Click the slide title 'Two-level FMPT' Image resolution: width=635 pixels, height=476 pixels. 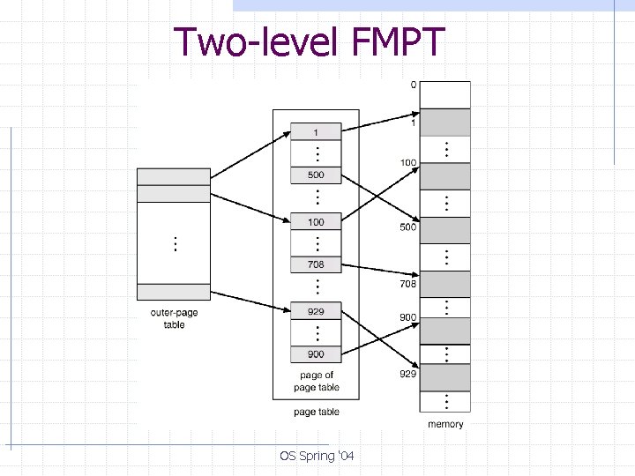[x=310, y=42]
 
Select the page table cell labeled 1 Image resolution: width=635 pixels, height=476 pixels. [x=316, y=131]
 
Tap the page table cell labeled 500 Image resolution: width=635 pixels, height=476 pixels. [x=316, y=175]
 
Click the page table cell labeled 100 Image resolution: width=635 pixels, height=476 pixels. [x=316, y=222]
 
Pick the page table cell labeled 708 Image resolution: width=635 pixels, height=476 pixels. [x=316, y=264]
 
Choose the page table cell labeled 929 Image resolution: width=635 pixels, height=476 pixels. [x=316, y=311]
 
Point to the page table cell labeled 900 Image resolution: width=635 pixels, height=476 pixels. [x=316, y=354]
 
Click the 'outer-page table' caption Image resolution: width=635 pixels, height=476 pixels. [x=174, y=319]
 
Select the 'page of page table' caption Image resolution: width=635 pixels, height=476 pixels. [x=316, y=381]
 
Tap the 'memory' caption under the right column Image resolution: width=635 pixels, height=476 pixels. [x=445, y=424]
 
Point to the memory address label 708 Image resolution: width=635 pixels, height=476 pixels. [x=408, y=285]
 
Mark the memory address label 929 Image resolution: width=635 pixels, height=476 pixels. [x=408, y=375]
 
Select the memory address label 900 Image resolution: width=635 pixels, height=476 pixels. [x=408, y=317]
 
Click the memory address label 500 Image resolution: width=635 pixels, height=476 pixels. [x=408, y=227]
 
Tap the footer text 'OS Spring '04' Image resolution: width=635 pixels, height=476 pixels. [x=317, y=456]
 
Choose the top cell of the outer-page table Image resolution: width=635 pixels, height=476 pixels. [x=174, y=176]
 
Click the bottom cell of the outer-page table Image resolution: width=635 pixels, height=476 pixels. [x=174, y=292]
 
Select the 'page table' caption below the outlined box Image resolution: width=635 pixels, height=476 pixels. [x=316, y=412]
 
